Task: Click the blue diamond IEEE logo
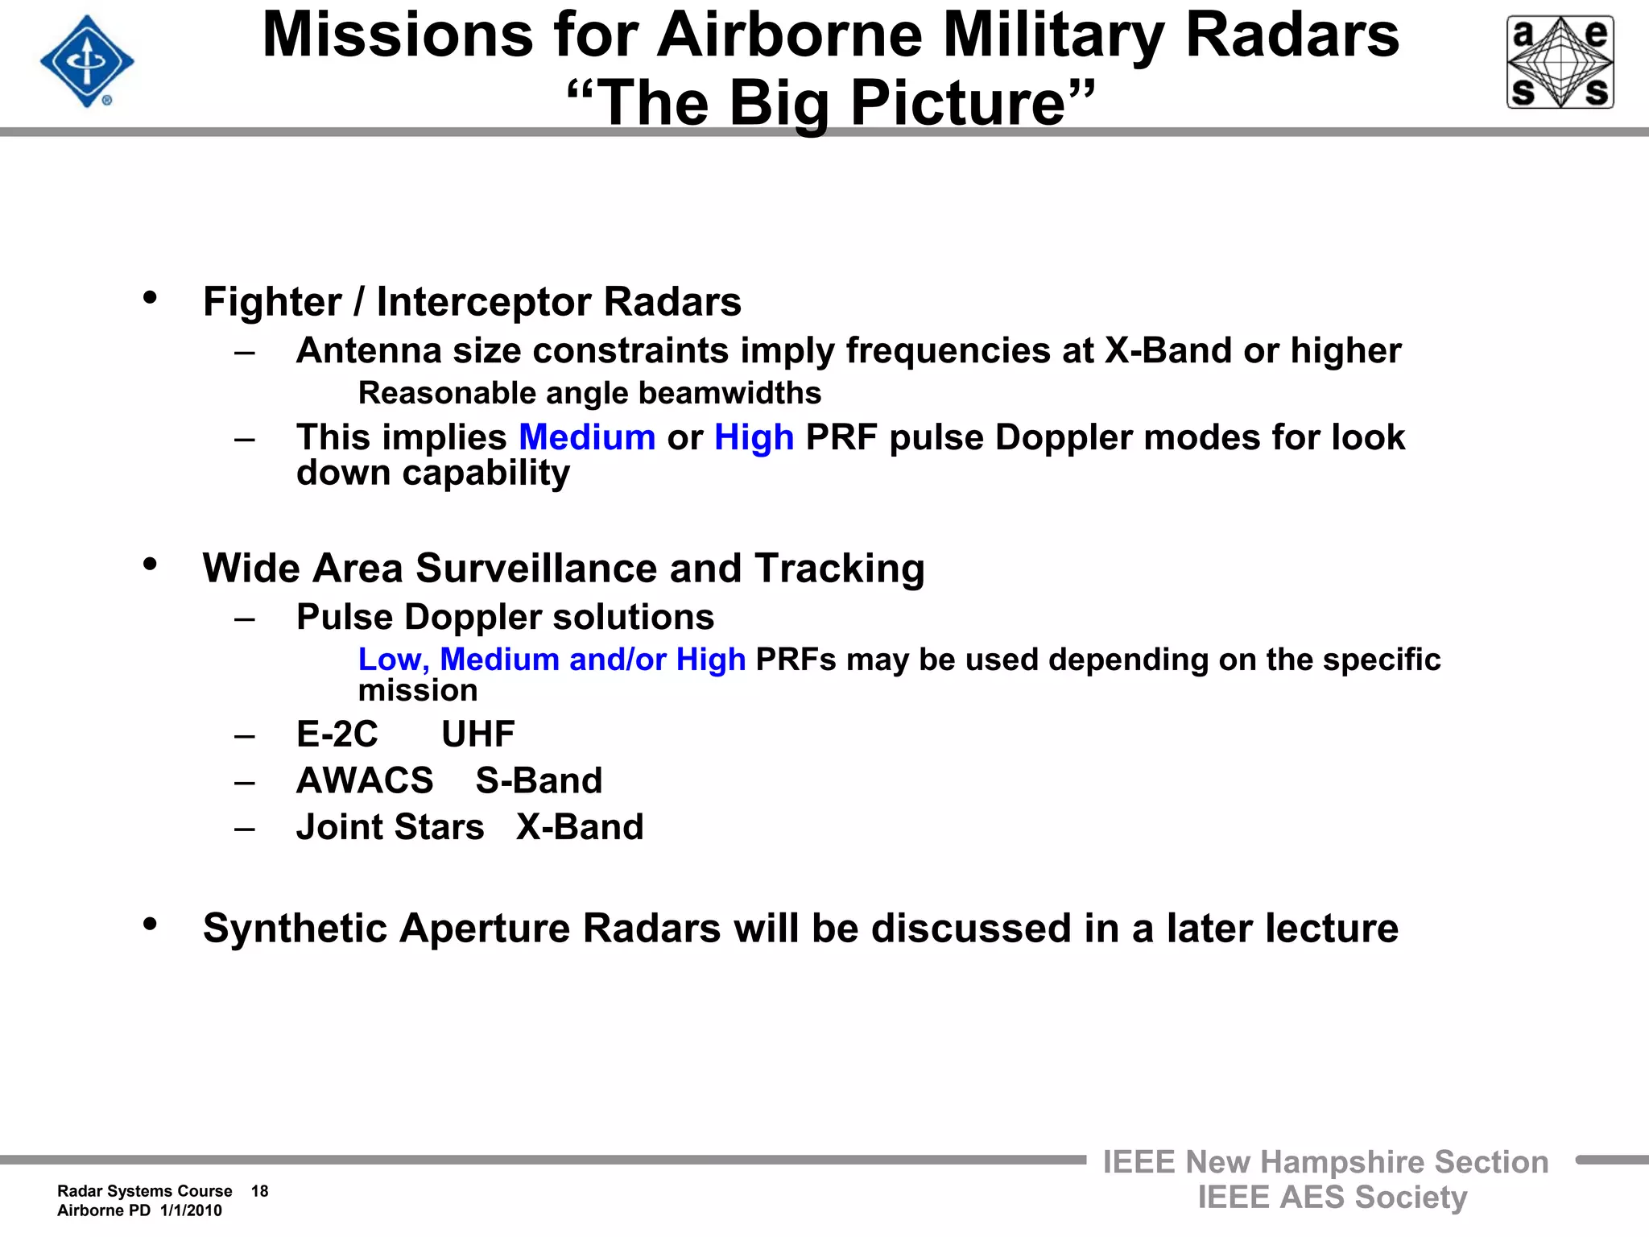point(87,61)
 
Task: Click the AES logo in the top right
point(1560,62)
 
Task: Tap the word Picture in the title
point(958,103)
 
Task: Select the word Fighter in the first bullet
point(272,303)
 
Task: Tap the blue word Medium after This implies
point(587,437)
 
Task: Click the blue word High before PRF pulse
point(754,437)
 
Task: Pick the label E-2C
point(337,734)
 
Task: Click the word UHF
point(478,734)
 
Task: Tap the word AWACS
point(365,781)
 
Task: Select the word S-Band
point(539,781)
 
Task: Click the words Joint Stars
point(390,827)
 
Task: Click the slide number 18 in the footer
point(259,1191)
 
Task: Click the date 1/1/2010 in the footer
point(191,1210)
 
